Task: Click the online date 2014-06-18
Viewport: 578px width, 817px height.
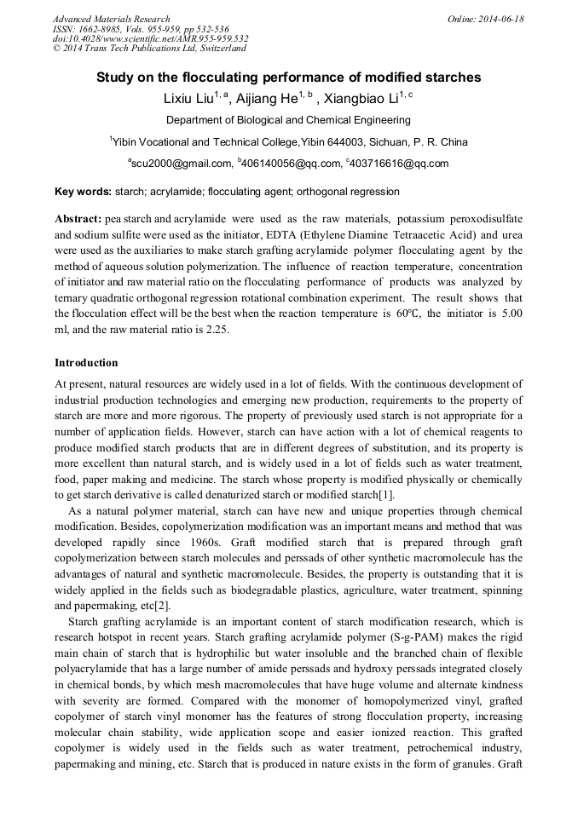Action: coord(495,19)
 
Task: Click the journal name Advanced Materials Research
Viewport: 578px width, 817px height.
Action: coord(111,19)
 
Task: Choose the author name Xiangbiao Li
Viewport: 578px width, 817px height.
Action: coord(361,99)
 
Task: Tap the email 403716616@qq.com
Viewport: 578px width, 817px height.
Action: coord(398,164)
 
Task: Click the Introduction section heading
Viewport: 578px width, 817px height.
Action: coord(86,364)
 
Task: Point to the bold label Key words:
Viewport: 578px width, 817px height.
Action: coord(82,192)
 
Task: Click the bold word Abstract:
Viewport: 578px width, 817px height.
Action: coord(78,218)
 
